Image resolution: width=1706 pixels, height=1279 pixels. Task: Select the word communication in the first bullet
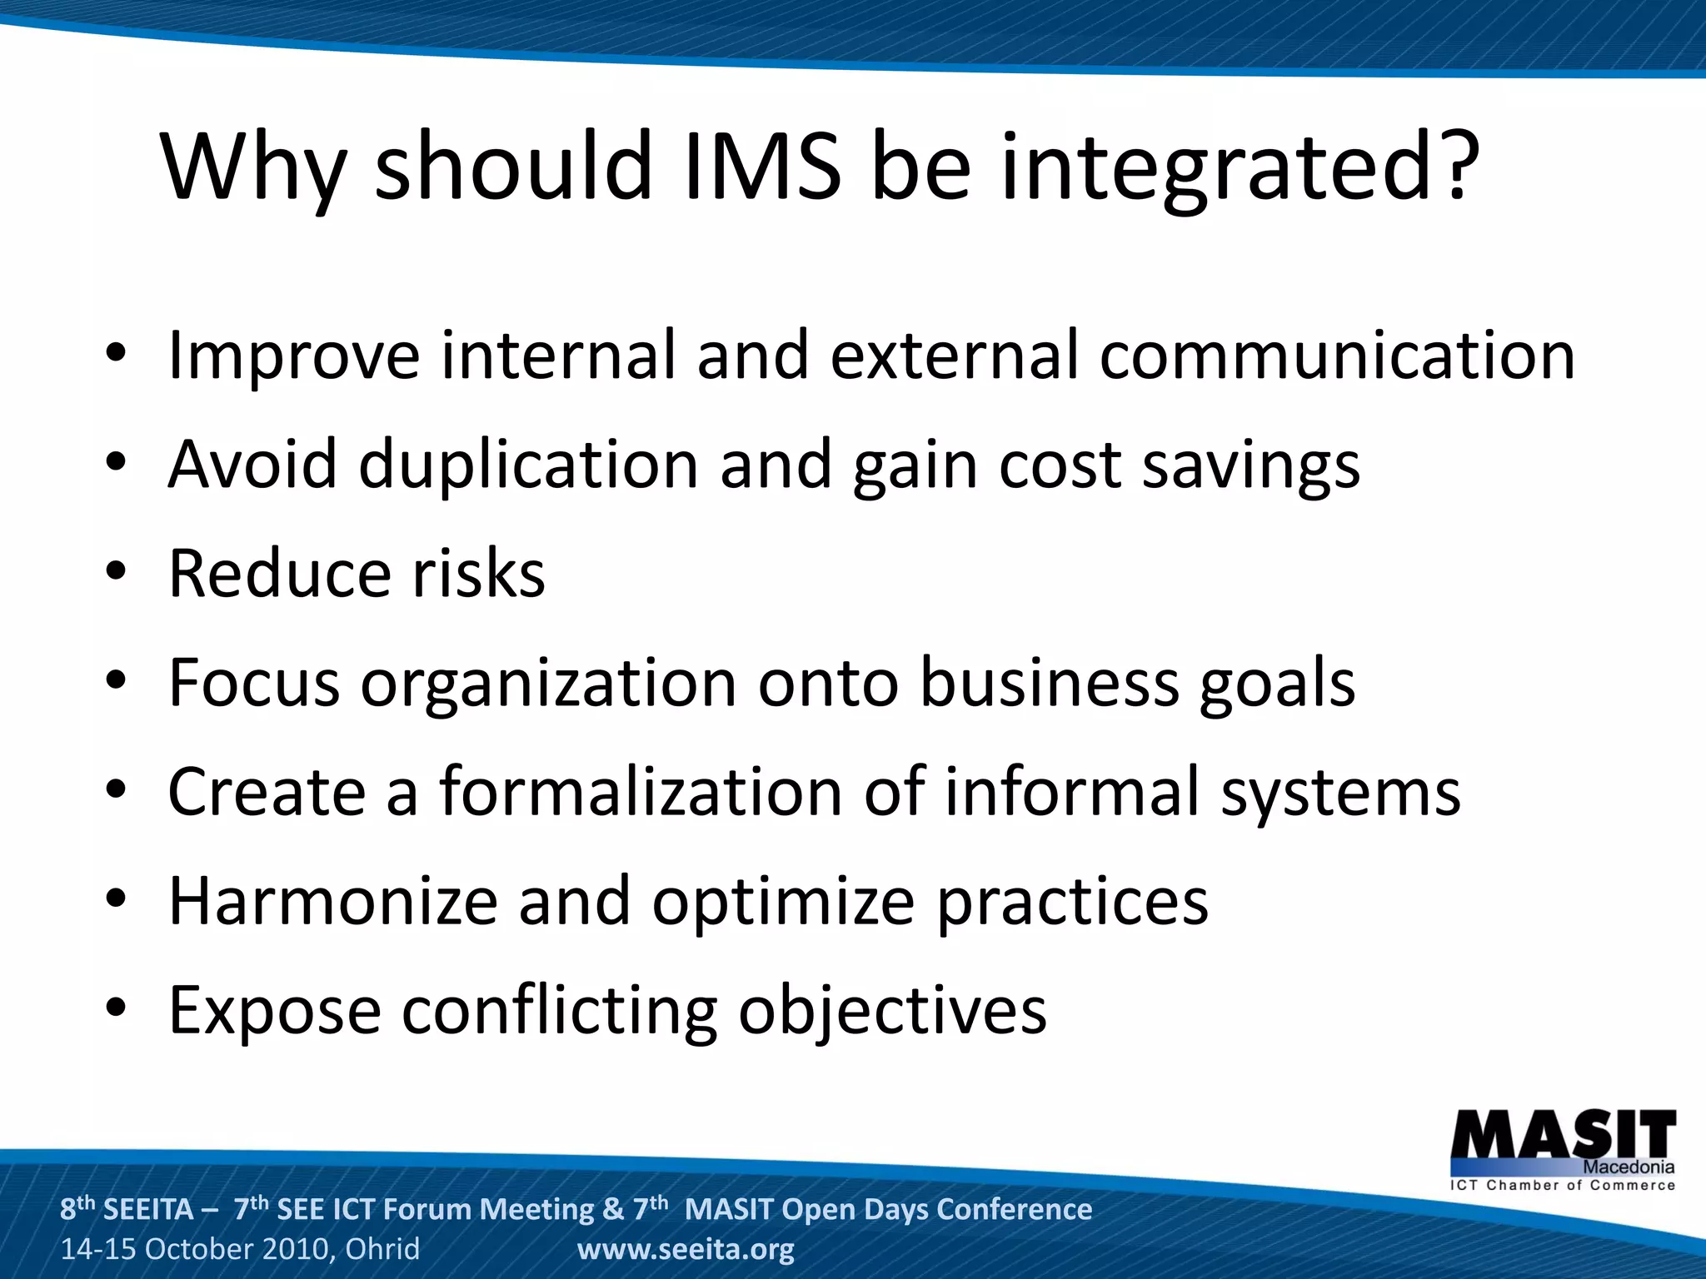click(1337, 356)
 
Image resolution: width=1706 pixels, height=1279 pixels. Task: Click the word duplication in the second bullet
click(528, 465)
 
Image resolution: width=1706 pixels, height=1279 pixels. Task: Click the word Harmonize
click(332, 901)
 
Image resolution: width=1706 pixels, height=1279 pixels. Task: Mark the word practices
click(1072, 903)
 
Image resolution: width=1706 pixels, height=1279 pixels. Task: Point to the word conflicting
click(559, 1011)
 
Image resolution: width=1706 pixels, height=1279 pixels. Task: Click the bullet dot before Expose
click(116, 1008)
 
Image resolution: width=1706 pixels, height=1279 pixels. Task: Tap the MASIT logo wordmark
click(1563, 1134)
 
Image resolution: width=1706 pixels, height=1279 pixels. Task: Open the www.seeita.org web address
click(686, 1249)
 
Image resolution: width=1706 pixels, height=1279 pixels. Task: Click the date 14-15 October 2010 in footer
click(197, 1249)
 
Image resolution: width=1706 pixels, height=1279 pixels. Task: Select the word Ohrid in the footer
click(382, 1249)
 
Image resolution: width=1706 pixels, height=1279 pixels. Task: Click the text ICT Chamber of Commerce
click(1563, 1185)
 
